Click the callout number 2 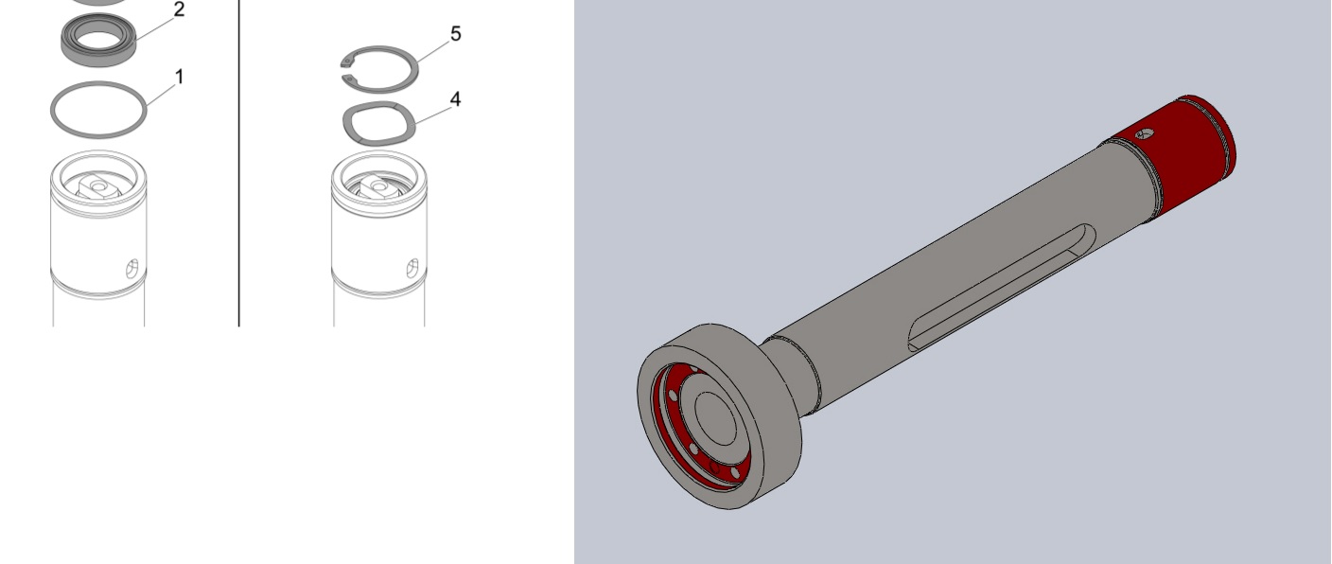coord(179,9)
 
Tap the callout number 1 coord(179,77)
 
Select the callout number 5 coord(455,34)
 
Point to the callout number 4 coord(455,99)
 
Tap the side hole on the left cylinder coord(132,269)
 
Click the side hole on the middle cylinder coord(412,269)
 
